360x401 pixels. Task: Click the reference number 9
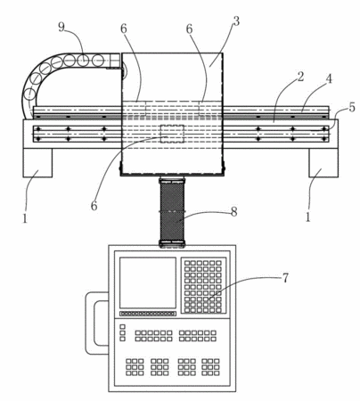(61, 27)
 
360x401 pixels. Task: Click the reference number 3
(236, 21)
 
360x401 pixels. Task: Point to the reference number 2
(300, 77)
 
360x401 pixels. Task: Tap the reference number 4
(329, 78)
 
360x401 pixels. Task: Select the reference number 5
(352, 107)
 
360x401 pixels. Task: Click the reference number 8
(234, 212)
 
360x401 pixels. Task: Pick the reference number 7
(285, 278)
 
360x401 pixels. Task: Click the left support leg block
(37, 163)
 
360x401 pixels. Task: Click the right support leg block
(323, 163)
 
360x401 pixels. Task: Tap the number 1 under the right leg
(308, 217)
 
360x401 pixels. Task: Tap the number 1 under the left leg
(25, 218)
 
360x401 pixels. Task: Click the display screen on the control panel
(148, 282)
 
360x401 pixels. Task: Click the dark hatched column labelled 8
(172, 212)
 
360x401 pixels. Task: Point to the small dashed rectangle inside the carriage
(172, 134)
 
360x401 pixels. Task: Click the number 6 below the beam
(94, 205)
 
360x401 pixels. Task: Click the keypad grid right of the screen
(204, 285)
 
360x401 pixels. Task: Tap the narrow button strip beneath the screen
(148, 314)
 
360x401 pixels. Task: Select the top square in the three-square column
(122, 327)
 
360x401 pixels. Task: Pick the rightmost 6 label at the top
(189, 29)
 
